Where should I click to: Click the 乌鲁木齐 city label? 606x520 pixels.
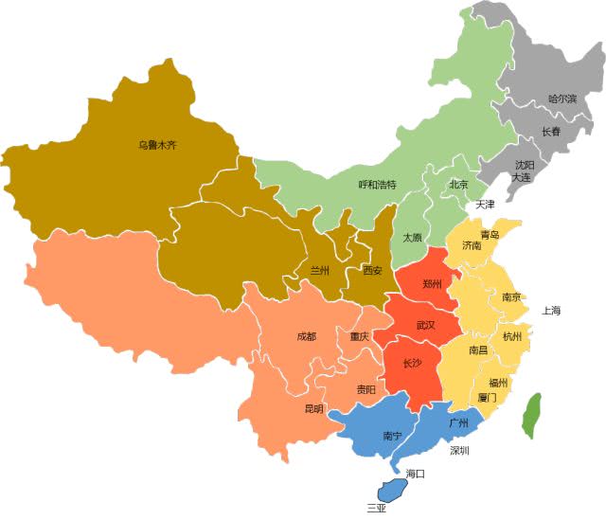pos(158,146)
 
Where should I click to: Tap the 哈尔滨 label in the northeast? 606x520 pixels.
pos(563,98)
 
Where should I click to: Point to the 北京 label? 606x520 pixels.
pos(459,185)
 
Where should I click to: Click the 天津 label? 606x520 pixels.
pos(485,204)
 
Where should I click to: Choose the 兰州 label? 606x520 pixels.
pos(321,270)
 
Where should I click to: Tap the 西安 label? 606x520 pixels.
pos(372,270)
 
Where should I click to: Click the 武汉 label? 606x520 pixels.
pos(426,325)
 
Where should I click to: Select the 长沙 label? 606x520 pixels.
pos(414,363)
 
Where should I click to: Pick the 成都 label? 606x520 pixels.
pos(306,335)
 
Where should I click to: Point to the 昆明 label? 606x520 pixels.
pos(313,408)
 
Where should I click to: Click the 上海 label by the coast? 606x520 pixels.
pos(551,311)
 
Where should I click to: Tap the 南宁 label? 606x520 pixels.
pos(392,436)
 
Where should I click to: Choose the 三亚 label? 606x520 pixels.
pos(377,508)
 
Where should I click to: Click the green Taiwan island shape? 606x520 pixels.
pos(533,415)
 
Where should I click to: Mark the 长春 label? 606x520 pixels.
pos(551,132)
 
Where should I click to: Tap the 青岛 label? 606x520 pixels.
pos(490,233)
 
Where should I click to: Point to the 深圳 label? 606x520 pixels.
pos(460,450)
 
